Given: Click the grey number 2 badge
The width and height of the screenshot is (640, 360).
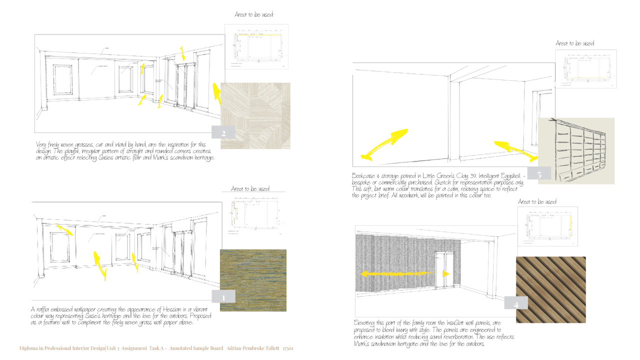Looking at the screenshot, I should coord(223,132).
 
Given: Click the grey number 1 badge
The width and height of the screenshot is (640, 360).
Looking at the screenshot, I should coord(224,296).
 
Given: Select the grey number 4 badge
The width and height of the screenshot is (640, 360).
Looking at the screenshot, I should coord(516,303).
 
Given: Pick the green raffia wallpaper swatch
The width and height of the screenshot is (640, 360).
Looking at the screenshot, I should coord(253,280).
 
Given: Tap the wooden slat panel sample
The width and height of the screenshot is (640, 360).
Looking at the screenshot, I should coord(550,289).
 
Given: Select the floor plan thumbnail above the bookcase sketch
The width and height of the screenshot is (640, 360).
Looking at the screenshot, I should coord(586,69).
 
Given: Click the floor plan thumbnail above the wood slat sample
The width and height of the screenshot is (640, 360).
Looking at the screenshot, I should coord(547,226).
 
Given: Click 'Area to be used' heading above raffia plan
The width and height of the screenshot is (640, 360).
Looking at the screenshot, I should coord(250,188).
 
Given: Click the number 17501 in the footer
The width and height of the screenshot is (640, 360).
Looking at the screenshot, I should coord(287,348).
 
